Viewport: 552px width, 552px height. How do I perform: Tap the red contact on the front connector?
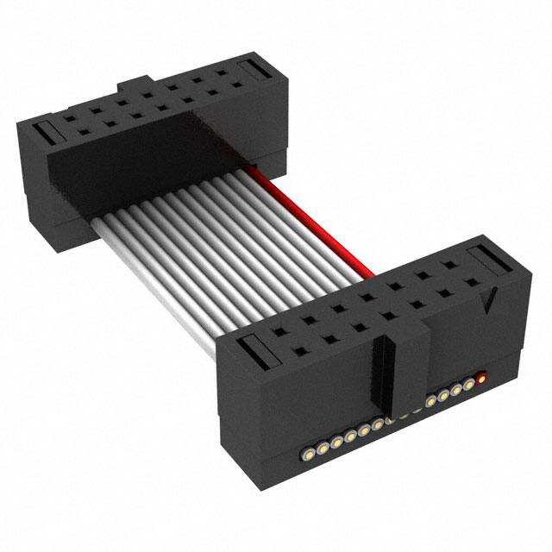coord(481,376)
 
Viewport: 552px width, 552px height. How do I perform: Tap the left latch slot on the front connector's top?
coord(256,349)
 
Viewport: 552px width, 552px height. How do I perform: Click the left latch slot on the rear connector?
coord(48,132)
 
